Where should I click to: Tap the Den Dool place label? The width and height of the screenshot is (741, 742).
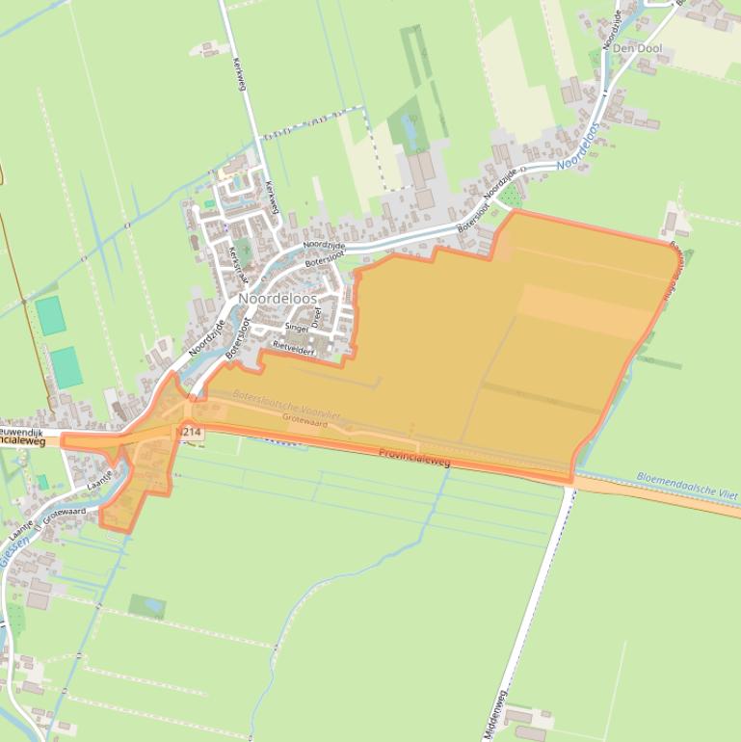click(636, 48)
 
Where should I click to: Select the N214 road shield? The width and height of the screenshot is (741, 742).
click(190, 433)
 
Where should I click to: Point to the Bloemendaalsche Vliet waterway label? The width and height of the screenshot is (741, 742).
click(687, 485)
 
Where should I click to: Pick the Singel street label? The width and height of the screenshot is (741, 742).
click(296, 328)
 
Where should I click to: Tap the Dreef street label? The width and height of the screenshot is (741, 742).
click(315, 318)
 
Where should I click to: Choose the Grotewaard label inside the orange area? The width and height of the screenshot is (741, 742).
click(305, 422)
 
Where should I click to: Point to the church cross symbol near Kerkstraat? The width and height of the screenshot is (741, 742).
click(225, 227)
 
